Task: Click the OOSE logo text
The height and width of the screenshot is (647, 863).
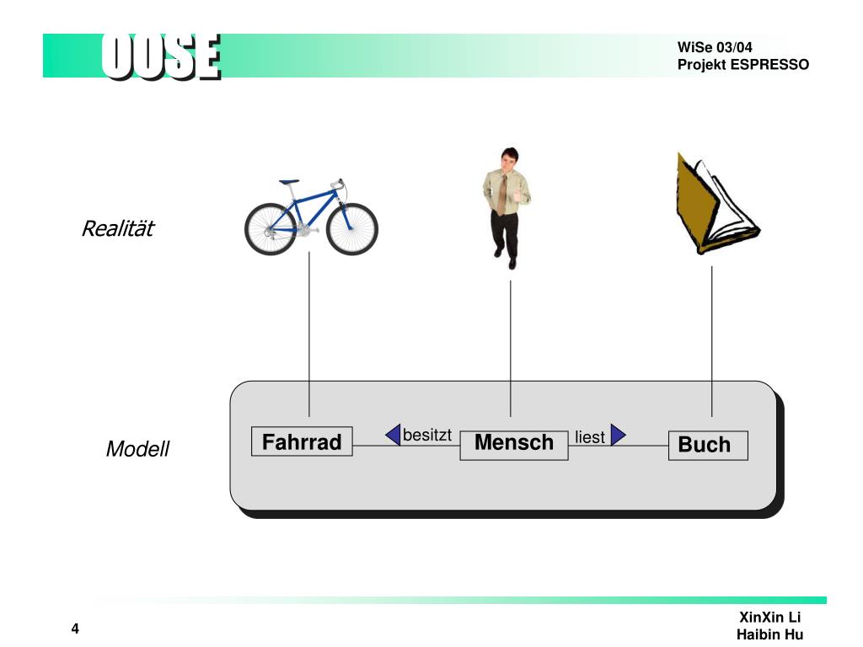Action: coord(161,57)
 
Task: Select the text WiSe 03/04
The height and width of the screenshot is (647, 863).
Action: coord(715,47)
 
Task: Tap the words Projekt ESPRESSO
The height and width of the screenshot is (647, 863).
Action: coord(742,65)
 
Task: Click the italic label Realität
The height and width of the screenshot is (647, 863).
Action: coord(117,228)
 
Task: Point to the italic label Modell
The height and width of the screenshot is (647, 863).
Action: coord(137,449)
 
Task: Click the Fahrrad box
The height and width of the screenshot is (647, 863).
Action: coord(302,442)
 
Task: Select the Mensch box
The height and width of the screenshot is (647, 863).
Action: coord(514,443)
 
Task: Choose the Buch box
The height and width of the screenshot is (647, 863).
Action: coord(708,445)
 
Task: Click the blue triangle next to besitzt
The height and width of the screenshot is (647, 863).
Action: coord(394,435)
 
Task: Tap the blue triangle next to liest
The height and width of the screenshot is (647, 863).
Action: coord(618,435)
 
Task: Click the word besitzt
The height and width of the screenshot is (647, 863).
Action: coord(427,435)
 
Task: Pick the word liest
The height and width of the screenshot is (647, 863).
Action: coord(590,437)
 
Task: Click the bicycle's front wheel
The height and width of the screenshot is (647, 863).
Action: coord(352,229)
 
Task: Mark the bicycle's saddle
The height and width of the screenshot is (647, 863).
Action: coord(289,181)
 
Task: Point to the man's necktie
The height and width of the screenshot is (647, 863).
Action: coord(503,196)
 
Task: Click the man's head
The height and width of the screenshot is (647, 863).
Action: coord(508,159)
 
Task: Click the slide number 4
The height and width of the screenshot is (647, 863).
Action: coord(75,630)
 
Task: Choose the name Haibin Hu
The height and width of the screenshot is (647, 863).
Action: coord(769,634)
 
